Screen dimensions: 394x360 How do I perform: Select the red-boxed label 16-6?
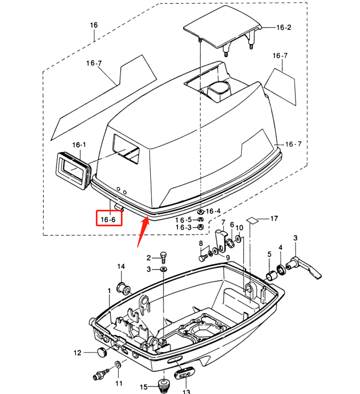coord(109,219)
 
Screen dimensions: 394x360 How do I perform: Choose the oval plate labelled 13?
coord(184,373)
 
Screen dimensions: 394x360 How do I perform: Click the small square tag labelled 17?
coord(254,219)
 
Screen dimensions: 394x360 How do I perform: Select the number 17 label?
coord(274,218)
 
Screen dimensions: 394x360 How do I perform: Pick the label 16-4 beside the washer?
coord(213,211)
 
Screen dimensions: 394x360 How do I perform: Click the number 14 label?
coord(121,266)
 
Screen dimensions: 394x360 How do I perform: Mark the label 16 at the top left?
coord(94,25)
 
